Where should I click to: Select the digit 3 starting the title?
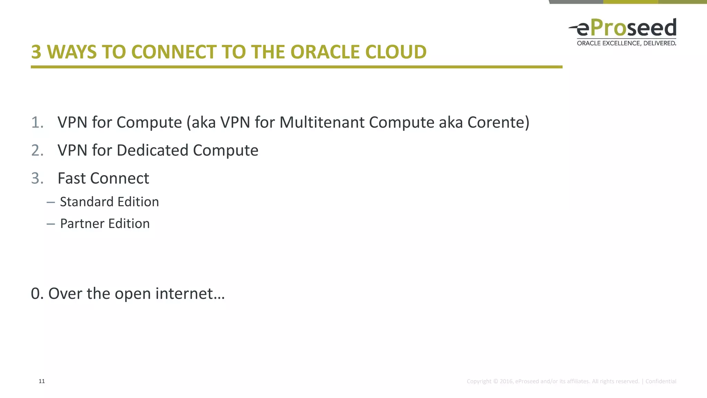tap(36, 52)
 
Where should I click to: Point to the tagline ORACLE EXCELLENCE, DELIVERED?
tap(626, 43)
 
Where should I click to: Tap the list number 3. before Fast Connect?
tap(37, 178)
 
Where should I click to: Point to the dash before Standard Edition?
tap(51, 202)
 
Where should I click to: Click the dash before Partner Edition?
tap(51, 224)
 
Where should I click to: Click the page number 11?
tap(42, 381)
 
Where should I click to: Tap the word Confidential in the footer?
tap(661, 381)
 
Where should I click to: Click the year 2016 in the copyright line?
tap(506, 381)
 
